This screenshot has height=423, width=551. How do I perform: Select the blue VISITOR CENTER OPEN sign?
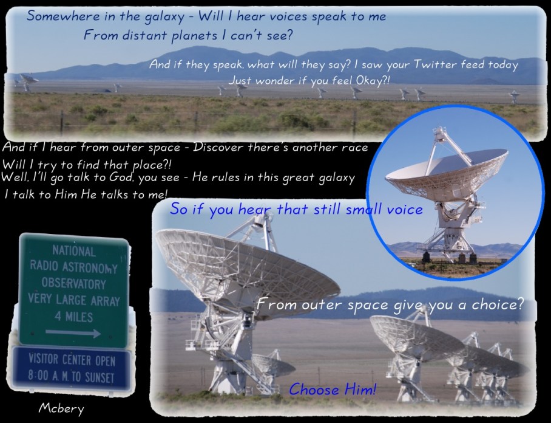(72, 368)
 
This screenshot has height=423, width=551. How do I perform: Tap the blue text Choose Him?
(333, 390)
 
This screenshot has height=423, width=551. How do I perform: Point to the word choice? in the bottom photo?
(497, 304)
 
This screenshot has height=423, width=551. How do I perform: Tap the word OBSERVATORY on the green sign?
(73, 284)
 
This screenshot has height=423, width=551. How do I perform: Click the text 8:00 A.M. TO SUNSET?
(72, 377)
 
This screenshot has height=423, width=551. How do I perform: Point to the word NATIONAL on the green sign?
(73, 251)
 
